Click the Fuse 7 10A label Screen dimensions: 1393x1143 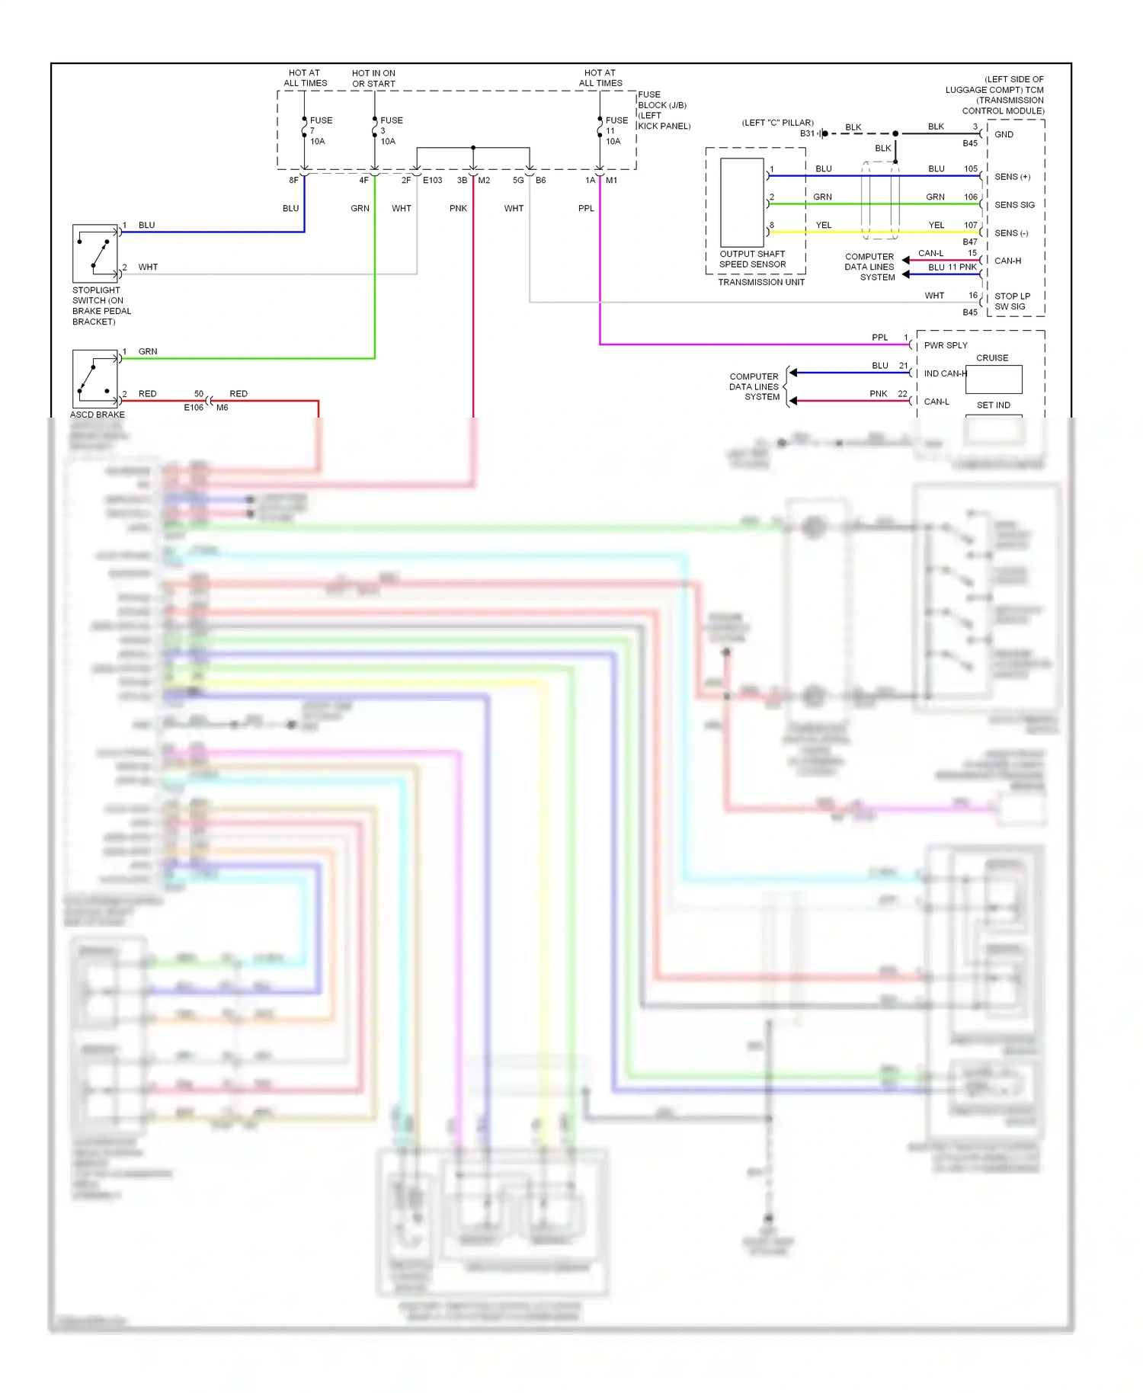point(319,131)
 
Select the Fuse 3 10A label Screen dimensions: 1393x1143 point(390,131)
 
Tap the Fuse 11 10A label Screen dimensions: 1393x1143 point(615,131)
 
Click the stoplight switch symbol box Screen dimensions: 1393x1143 point(95,254)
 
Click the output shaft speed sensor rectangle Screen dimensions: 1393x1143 point(741,203)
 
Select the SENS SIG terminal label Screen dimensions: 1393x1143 point(1014,205)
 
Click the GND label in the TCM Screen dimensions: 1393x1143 point(1004,135)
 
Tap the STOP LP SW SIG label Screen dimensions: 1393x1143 point(1011,302)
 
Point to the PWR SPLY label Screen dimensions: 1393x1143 point(945,346)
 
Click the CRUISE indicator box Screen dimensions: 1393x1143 point(993,379)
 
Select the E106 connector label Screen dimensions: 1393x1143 point(194,408)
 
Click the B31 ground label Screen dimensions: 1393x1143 point(807,133)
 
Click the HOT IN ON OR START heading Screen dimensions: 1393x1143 point(373,78)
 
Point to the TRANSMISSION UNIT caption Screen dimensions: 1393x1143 point(760,283)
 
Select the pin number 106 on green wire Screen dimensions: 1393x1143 point(970,197)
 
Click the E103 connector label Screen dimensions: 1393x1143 point(432,181)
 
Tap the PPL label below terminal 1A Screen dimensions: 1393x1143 point(585,209)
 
